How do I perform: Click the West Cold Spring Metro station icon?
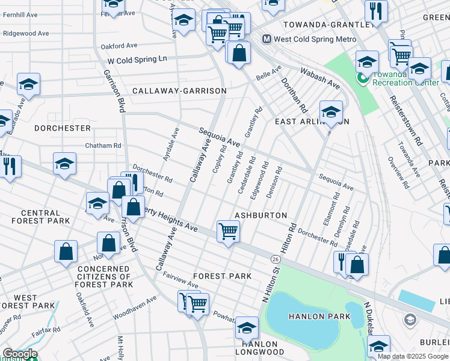[x=267, y=39]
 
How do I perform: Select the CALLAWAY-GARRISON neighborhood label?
[x=179, y=91]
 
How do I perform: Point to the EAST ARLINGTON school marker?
[x=331, y=112]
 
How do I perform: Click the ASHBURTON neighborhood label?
[x=260, y=215]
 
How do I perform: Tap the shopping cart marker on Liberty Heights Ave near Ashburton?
[x=228, y=232]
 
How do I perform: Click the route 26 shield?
[x=275, y=258]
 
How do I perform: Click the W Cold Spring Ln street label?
[x=137, y=60]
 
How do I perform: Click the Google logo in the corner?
[x=19, y=354]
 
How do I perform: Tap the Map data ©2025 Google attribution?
[x=413, y=356]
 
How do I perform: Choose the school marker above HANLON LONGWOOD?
[x=246, y=328]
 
